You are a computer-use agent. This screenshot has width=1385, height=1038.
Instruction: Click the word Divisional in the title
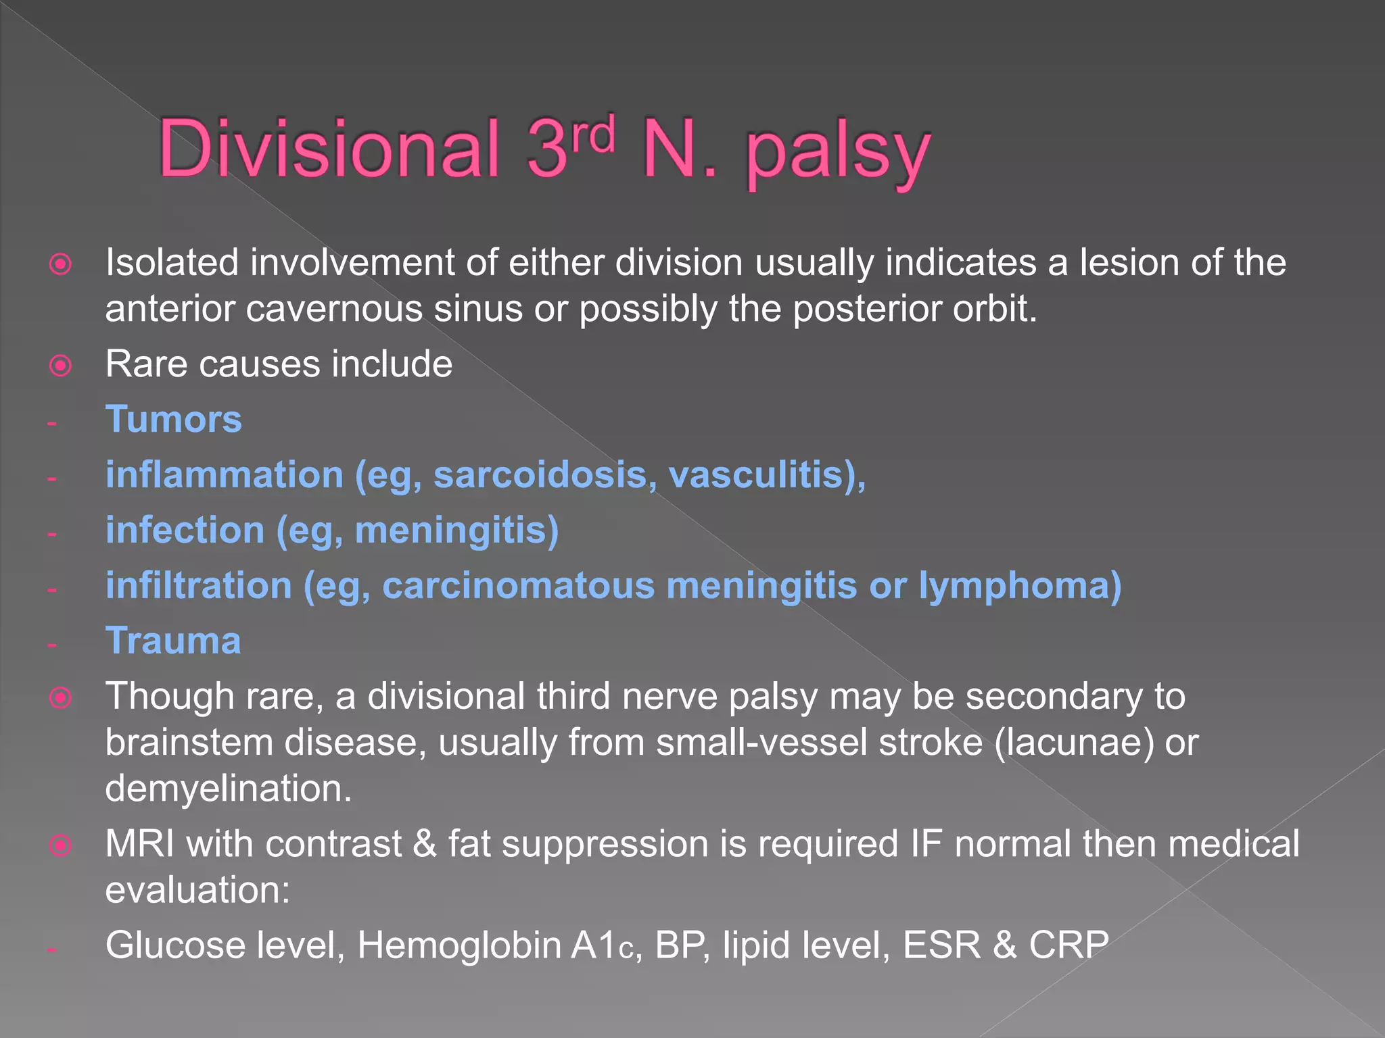coord(329,148)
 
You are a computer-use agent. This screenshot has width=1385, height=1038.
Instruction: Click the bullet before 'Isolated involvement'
coord(61,264)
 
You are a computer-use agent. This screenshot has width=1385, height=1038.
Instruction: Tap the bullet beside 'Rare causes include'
coord(61,366)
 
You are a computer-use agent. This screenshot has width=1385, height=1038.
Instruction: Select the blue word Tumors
coord(174,419)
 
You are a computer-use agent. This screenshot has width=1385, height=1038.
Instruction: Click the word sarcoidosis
coord(545,474)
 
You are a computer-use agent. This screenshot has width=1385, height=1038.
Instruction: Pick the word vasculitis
coord(761,474)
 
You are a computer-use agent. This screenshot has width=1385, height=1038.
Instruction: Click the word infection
coord(185,530)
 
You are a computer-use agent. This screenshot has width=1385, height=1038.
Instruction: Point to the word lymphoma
coord(1019,585)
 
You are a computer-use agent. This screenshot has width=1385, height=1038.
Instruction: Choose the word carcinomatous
coord(518,585)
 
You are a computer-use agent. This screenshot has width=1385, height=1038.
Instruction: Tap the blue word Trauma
coord(173,641)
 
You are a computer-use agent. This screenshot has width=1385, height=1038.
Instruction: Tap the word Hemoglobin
coord(459,945)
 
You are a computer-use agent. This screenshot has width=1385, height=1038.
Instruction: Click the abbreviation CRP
coord(1069,945)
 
